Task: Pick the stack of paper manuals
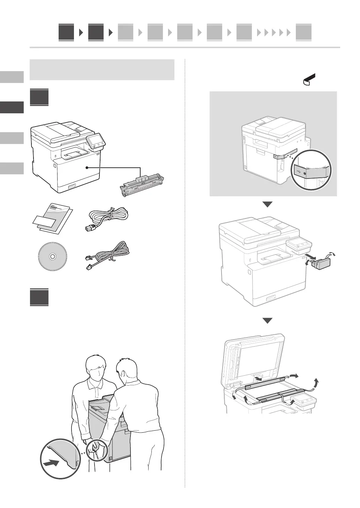point(52,219)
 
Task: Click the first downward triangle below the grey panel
point(267,204)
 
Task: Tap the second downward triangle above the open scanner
point(267,321)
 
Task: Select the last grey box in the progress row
point(303,32)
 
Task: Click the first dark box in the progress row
point(66,32)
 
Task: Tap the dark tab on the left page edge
point(12,107)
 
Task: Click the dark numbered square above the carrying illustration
point(39,297)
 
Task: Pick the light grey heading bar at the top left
point(102,70)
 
